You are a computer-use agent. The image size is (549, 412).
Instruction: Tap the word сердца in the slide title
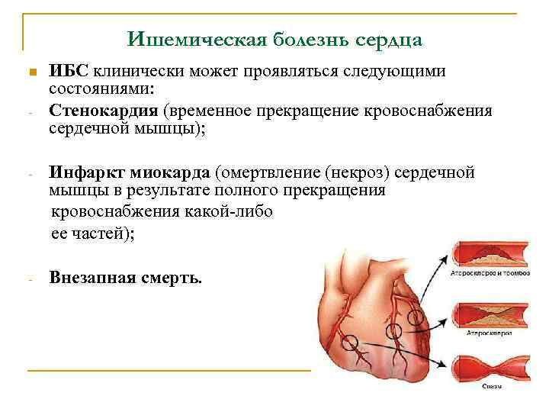point(389,38)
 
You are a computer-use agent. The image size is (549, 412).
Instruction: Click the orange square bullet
point(31,73)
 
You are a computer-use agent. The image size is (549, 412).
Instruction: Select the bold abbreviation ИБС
point(69,72)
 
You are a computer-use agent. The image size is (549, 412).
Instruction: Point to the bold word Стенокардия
point(98,111)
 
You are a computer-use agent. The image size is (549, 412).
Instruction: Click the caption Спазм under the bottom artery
point(492,387)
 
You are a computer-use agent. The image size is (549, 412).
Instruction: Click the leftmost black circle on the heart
point(349,343)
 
